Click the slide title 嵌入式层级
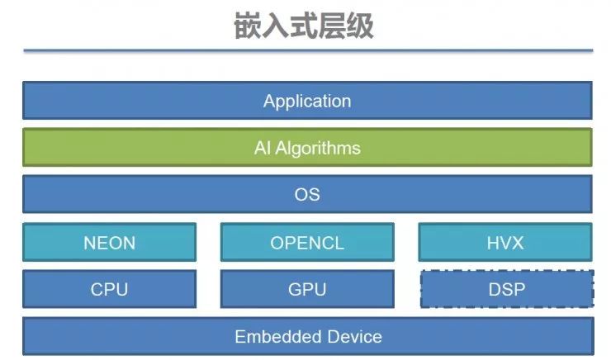click(x=305, y=26)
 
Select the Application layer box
click(x=307, y=101)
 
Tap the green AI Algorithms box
click(x=307, y=148)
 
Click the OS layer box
click(x=307, y=195)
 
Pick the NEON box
click(x=109, y=242)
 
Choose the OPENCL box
click(x=307, y=242)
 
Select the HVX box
click(x=505, y=242)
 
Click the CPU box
click(x=109, y=289)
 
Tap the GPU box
click(x=307, y=289)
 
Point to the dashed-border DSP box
click(x=506, y=289)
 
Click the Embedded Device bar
click(x=307, y=336)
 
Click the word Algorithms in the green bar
click(x=319, y=149)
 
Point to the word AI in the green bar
click(x=263, y=149)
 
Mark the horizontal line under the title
click(x=307, y=52)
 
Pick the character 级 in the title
click(x=360, y=26)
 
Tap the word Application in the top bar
click(x=307, y=102)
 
